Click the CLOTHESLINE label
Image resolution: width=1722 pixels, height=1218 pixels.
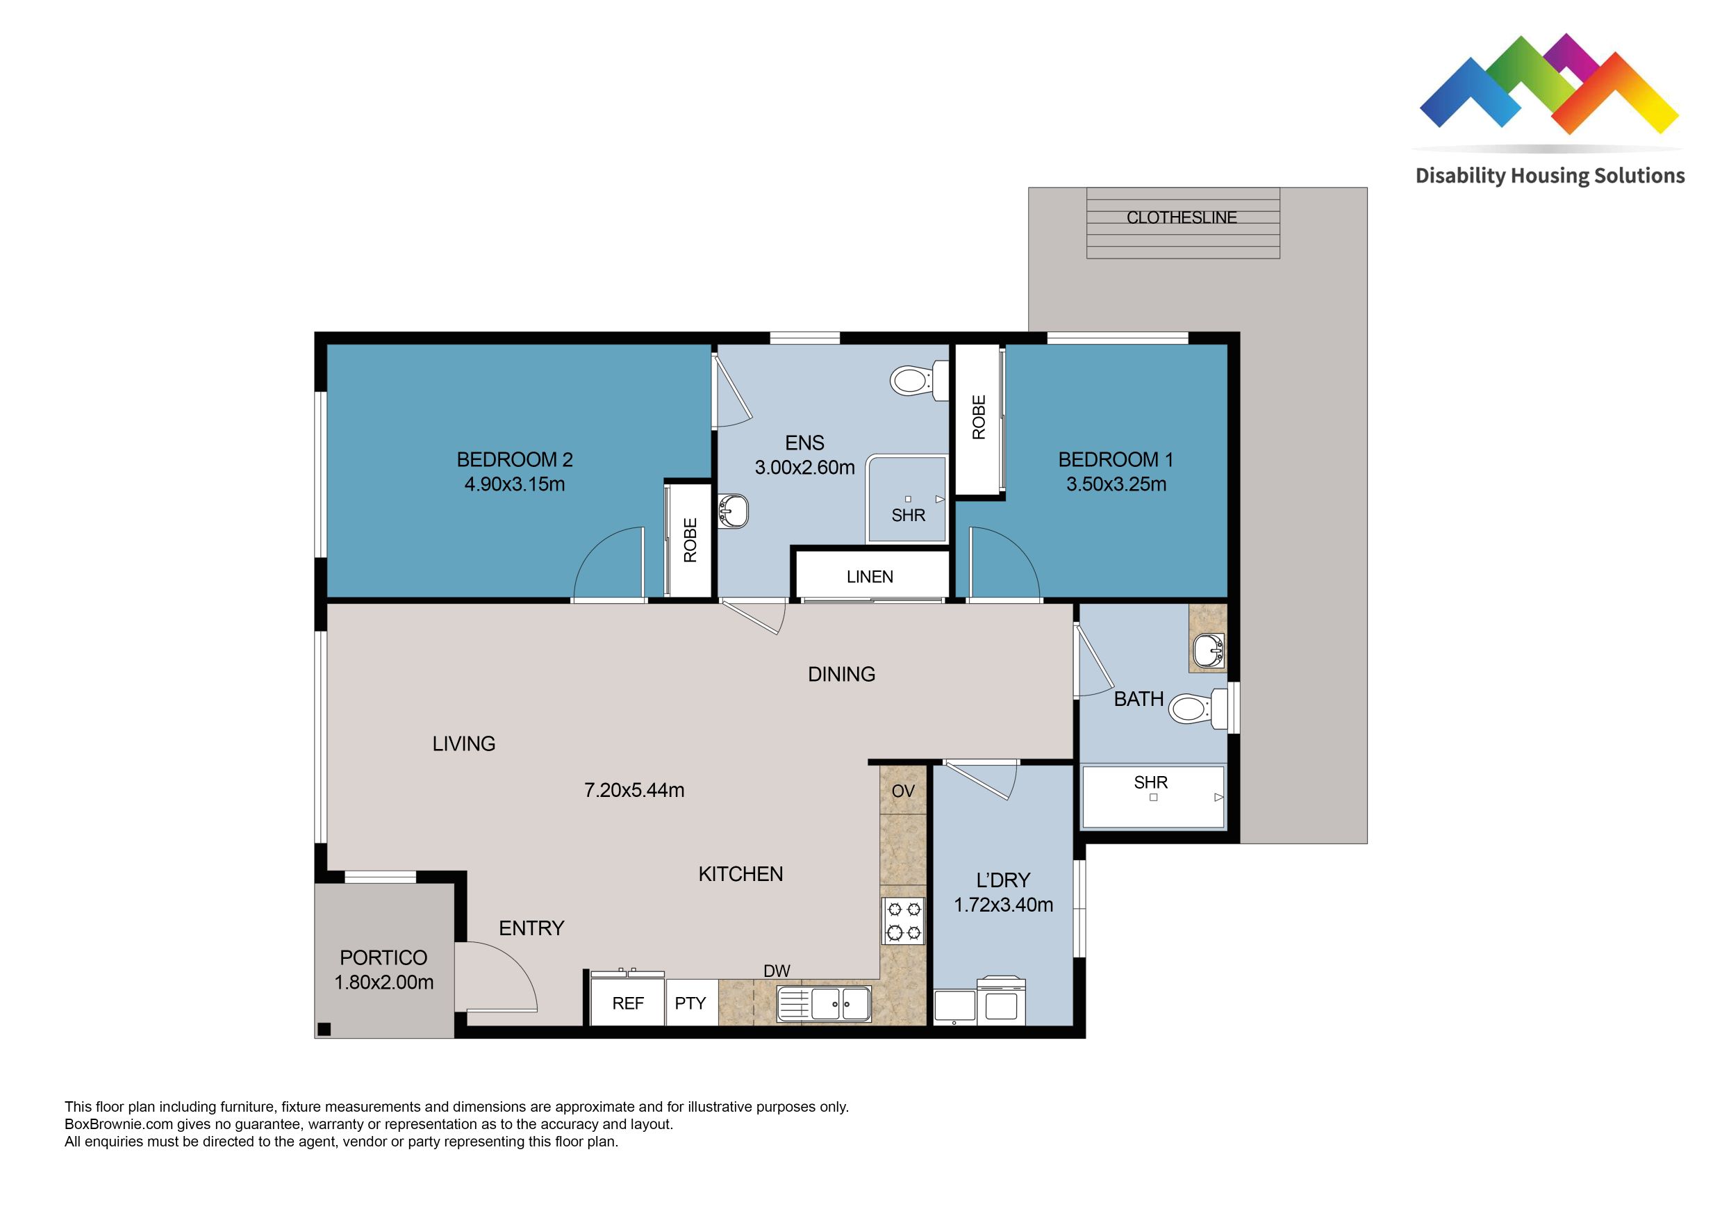[x=1182, y=217]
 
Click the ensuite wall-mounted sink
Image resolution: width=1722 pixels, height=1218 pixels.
[x=733, y=511]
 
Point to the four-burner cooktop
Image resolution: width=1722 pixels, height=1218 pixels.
[x=903, y=921]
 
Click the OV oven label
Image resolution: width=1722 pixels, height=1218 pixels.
[x=903, y=791]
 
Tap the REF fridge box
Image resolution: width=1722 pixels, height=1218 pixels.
[x=628, y=1003]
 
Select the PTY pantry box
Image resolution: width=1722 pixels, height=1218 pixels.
[x=690, y=1003]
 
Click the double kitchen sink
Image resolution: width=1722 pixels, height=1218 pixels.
[x=825, y=1003]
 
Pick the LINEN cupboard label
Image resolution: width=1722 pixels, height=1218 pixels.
[x=869, y=577]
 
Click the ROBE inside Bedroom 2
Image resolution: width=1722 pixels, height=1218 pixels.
[x=690, y=540]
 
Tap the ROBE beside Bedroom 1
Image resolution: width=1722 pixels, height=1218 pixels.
[x=978, y=417]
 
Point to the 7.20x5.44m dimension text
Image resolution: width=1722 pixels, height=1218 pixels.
[x=634, y=790]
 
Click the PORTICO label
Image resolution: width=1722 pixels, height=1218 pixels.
[x=383, y=957]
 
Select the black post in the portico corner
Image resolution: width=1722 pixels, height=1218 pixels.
[x=324, y=1029]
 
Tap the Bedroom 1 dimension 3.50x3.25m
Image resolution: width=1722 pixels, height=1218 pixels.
[x=1116, y=484]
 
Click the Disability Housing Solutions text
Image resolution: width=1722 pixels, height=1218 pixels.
[x=1550, y=176]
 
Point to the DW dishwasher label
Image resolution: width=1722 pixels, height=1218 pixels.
[x=776, y=971]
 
